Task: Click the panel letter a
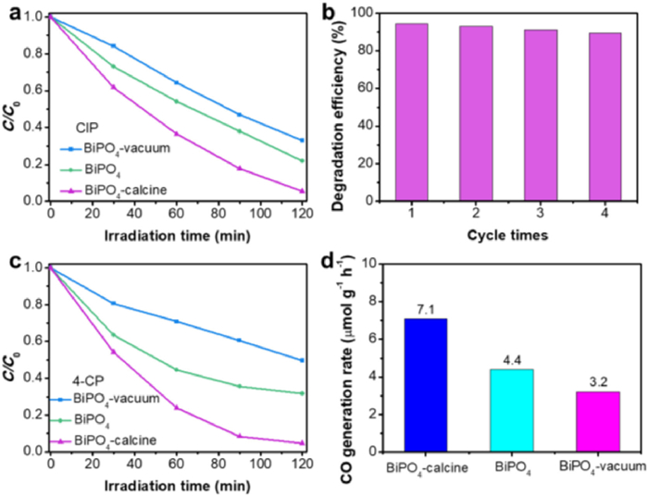click(12, 12)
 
